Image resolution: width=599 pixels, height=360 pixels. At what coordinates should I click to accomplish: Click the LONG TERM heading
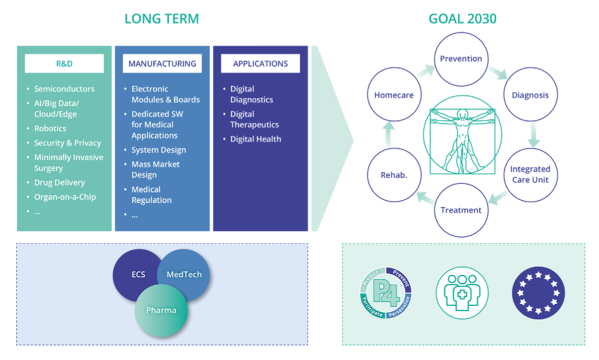[162, 19]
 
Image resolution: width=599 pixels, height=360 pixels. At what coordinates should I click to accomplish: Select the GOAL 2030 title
[462, 19]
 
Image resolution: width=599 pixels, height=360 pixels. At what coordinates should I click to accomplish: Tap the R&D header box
[64, 64]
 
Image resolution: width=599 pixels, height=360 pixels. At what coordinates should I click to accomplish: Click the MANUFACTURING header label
[162, 64]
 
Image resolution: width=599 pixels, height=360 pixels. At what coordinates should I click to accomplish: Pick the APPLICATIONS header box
[260, 64]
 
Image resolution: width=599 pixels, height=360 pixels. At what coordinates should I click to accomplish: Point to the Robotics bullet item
[50, 128]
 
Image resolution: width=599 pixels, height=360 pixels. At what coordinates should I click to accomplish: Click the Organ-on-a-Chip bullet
[64, 197]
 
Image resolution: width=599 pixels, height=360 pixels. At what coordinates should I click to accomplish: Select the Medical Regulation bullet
[152, 195]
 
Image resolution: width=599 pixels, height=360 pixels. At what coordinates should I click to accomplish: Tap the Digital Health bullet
[256, 139]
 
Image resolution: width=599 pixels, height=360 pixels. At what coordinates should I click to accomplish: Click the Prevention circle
[461, 59]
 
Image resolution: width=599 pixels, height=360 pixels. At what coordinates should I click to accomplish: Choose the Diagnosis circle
[530, 95]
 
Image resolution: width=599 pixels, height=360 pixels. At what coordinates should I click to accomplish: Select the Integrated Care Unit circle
[530, 174]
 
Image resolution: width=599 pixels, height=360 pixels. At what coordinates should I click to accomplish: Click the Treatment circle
[461, 210]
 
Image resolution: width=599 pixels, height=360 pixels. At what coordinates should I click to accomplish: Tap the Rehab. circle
[393, 174]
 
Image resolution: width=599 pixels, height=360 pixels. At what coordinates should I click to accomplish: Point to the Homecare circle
[393, 95]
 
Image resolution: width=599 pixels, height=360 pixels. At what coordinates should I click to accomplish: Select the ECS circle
[138, 274]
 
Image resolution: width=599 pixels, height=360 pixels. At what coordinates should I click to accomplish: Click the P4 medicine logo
[385, 292]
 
